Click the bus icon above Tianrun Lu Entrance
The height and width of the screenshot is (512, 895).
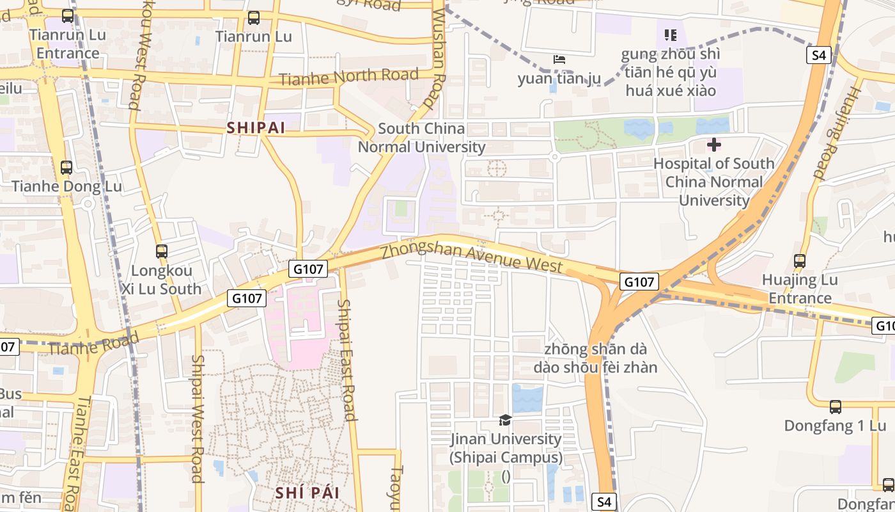pyautogui.click(x=68, y=16)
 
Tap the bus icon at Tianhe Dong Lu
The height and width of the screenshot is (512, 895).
pyautogui.click(x=66, y=168)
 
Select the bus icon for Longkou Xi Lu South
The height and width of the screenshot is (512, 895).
pyautogui.click(x=162, y=252)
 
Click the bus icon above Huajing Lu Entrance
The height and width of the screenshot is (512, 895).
pyautogui.click(x=800, y=260)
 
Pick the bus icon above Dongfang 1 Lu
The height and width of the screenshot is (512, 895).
pyautogui.click(x=835, y=406)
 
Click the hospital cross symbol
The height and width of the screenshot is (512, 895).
pyautogui.click(x=713, y=145)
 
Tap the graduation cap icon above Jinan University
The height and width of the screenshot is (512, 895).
pyautogui.click(x=505, y=420)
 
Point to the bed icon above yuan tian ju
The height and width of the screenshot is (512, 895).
pyautogui.click(x=559, y=60)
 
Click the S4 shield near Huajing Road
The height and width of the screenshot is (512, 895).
pyautogui.click(x=819, y=55)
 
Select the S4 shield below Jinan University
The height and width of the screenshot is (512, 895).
pyautogui.click(x=604, y=502)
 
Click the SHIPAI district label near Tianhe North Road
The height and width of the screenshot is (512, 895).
pyautogui.click(x=256, y=128)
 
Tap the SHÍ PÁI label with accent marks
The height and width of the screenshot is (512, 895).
pyautogui.click(x=307, y=493)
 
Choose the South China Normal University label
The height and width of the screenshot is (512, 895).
pyautogui.click(x=421, y=138)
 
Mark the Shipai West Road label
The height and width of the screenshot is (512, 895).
pyautogui.click(x=198, y=419)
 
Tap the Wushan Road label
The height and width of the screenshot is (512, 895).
pyautogui.click(x=437, y=58)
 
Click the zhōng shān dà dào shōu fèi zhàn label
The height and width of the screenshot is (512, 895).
pyautogui.click(x=595, y=358)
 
